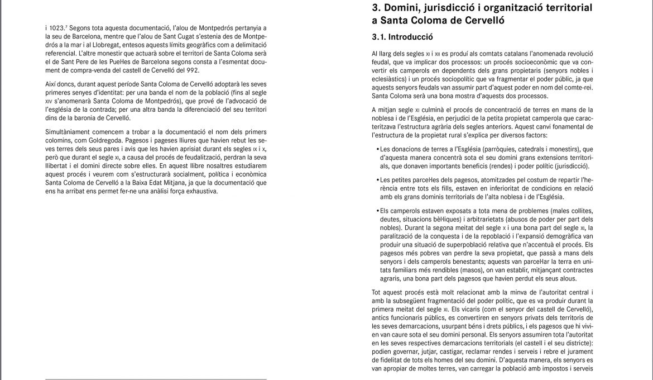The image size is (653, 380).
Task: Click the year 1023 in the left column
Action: point(53,27)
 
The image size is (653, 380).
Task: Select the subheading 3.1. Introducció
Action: point(402,38)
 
